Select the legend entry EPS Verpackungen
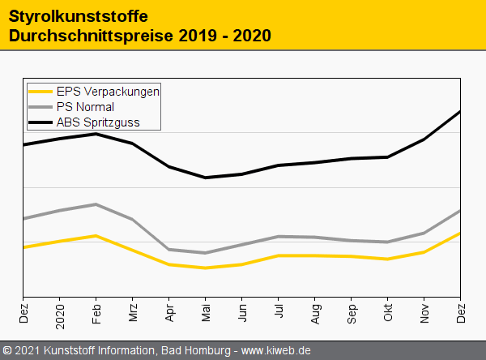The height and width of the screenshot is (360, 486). coord(107,92)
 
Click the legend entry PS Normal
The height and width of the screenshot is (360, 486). coord(85,107)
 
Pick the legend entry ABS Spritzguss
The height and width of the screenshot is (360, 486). coord(98,122)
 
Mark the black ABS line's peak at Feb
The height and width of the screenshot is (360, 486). coord(96,134)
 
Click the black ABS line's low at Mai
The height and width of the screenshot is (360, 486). coord(206,178)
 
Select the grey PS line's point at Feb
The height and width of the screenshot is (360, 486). coord(96,204)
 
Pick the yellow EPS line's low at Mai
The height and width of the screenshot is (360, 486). coord(206,268)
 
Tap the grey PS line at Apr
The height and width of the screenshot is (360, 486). coord(169,250)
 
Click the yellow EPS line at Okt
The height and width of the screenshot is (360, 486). coord(388,259)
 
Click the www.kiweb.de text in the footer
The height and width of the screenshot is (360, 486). coord(276,350)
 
